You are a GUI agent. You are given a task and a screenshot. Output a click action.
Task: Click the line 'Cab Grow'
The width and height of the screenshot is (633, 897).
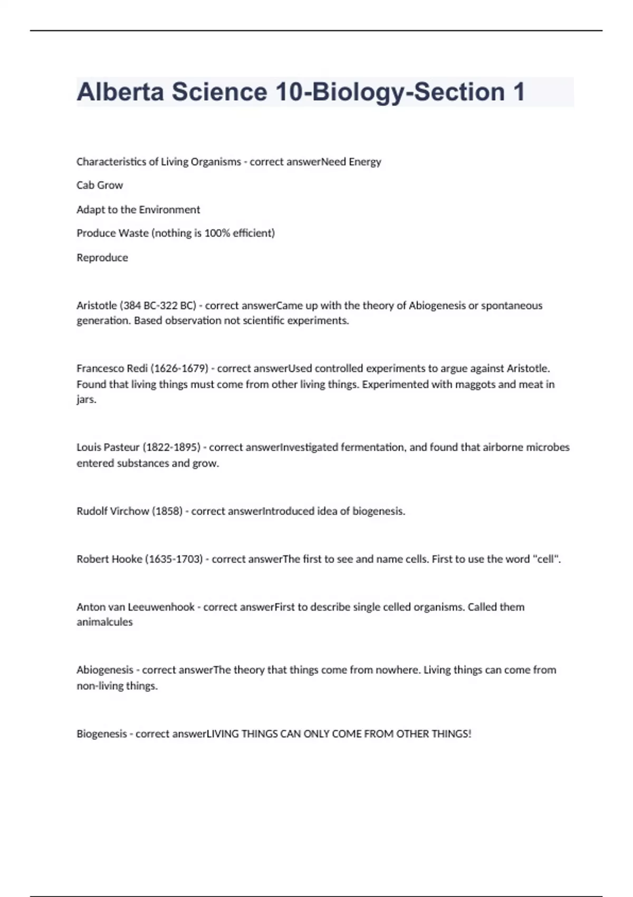(100, 185)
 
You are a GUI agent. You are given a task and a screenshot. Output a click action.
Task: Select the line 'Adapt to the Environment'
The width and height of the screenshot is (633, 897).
(138, 209)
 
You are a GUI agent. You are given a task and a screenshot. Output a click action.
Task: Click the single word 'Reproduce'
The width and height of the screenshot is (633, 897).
(102, 257)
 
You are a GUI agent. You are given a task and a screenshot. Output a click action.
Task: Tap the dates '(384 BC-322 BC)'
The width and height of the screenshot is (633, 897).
(158, 306)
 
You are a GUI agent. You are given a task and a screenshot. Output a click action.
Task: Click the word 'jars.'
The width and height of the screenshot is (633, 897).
(87, 399)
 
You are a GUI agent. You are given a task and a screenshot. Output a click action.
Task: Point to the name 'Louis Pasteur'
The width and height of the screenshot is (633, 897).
(108, 447)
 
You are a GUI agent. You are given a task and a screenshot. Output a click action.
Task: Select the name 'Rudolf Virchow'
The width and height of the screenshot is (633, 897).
(113, 511)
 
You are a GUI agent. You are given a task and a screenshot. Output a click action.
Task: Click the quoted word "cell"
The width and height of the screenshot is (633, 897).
(545, 559)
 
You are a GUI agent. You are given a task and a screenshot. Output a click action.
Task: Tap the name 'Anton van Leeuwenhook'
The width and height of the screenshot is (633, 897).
(136, 607)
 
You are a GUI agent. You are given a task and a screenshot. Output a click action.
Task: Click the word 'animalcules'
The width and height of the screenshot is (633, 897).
(104, 622)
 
